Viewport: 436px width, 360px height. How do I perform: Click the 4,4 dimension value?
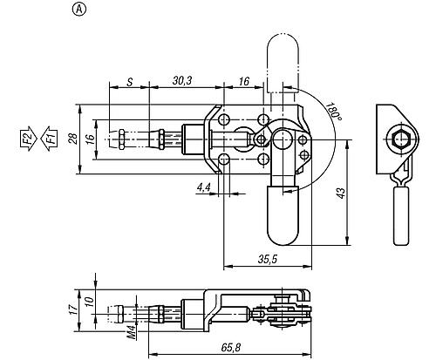(203, 187)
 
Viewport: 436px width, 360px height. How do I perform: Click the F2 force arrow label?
(27, 138)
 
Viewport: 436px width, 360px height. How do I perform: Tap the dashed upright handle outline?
(283, 57)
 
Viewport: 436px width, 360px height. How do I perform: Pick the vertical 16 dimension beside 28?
(91, 139)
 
